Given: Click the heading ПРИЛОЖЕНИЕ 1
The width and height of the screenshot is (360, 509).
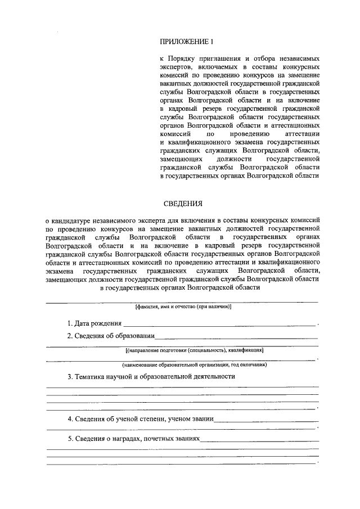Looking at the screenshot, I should point(187,41).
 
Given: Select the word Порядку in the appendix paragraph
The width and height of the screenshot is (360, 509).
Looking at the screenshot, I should point(184,58).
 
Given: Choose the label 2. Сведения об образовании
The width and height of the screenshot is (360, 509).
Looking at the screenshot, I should point(110,336).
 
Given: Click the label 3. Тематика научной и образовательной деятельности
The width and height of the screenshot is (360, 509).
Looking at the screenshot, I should point(151,376).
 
